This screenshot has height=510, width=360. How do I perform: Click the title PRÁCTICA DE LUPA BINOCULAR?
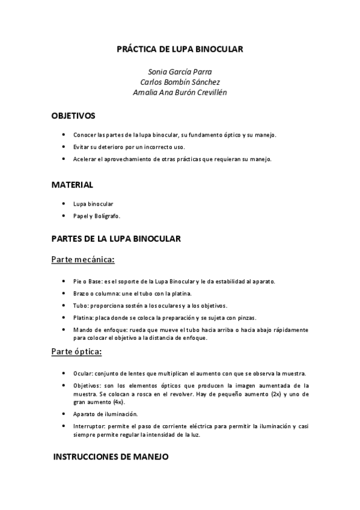click(180, 49)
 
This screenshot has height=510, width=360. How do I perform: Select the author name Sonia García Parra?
click(180, 72)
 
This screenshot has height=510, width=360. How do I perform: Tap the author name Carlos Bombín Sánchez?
click(180, 82)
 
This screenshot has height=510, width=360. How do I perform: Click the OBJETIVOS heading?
click(73, 115)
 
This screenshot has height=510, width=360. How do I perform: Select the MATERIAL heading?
click(72, 185)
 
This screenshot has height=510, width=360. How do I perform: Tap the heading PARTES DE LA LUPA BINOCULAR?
click(116, 239)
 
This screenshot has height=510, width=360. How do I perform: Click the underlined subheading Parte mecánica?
click(83, 260)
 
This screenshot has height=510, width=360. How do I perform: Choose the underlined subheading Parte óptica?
click(76, 352)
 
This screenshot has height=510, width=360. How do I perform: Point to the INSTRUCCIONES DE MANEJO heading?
click(111, 457)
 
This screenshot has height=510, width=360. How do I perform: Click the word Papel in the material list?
click(81, 216)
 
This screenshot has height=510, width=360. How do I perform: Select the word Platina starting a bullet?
click(83, 318)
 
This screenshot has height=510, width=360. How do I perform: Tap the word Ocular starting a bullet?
click(82, 373)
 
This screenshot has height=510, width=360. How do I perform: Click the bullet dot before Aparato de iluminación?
click(63, 414)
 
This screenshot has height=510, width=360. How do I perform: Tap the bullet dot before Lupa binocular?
click(63, 204)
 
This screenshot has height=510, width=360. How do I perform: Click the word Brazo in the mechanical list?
click(82, 293)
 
